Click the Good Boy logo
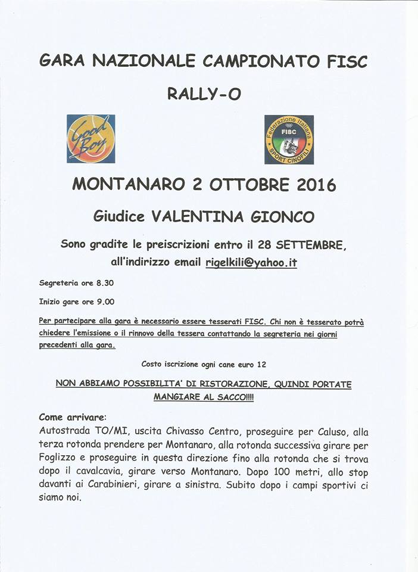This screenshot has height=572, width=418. coord(91,139)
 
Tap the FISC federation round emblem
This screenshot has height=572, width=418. coord(289,139)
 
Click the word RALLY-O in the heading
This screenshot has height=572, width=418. coord(204,94)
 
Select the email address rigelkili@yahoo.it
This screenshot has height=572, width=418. coord(251,262)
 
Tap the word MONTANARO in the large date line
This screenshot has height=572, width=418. coord(128,184)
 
